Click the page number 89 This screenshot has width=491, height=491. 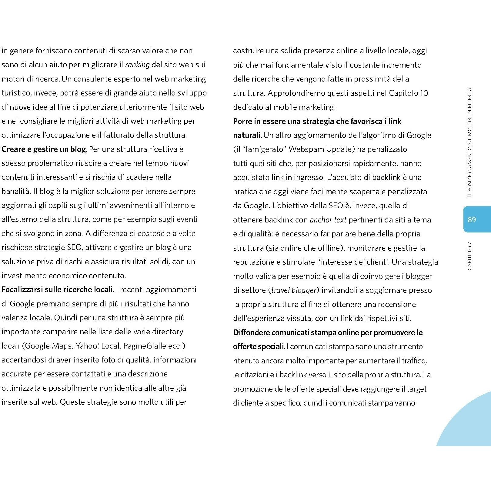[472, 219]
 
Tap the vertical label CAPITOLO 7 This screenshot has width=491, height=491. [469, 256]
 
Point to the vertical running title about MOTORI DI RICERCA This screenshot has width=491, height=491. [469, 142]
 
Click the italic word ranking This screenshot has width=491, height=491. [137, 65]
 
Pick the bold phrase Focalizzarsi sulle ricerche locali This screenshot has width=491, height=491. [58, 289]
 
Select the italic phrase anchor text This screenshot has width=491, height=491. [328, 220]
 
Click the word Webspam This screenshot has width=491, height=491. [306, 149]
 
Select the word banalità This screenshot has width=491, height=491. [15, 192]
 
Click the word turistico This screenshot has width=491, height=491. [16, 93]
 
